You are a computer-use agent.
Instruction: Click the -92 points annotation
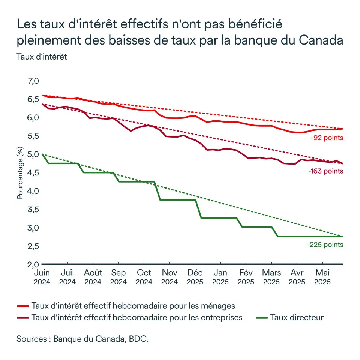click(327, 138)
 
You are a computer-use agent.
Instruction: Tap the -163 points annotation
click(325, 171)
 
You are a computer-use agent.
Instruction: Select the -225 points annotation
click(325, 244)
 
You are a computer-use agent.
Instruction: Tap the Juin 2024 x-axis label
click(42, 277)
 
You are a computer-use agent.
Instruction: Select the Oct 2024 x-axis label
click(144, 277)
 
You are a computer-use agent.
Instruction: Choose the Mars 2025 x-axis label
click(272, 277)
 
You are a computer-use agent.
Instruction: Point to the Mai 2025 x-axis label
click(323, 277)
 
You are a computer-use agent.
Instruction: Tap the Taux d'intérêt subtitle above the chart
click(41, 57)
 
